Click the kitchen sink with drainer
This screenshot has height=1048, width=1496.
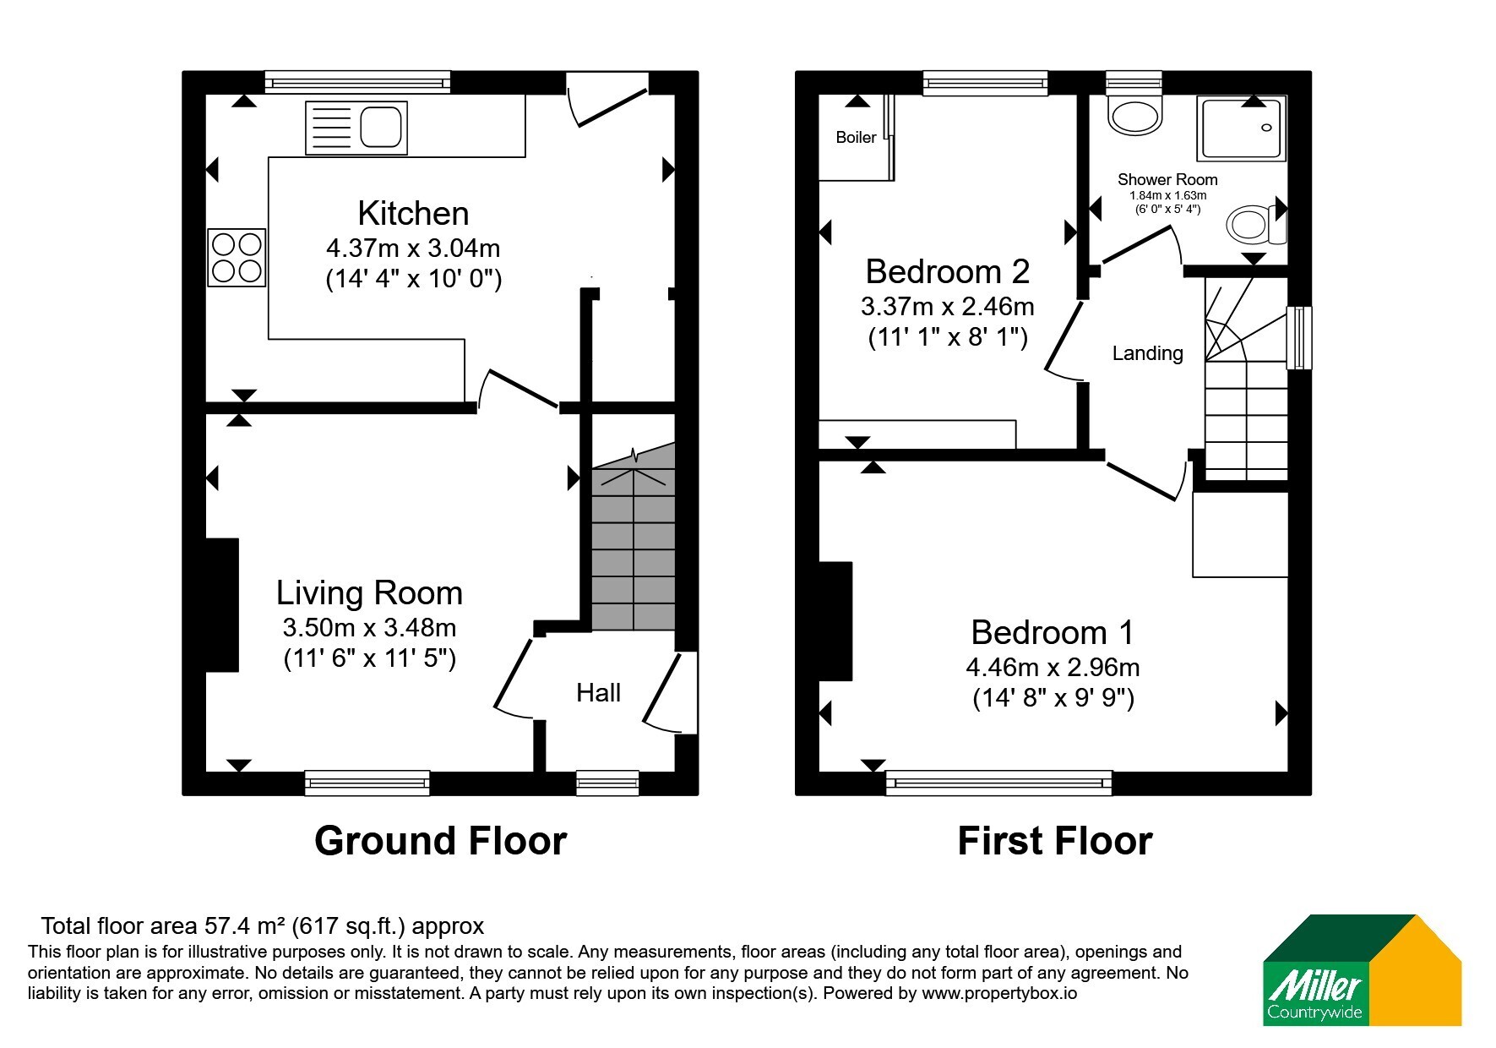click(356, 128)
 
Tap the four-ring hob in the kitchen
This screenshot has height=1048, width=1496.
click(237, 258)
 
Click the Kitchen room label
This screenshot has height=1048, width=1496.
click(413, 213)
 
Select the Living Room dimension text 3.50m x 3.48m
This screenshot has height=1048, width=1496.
click(369, 628)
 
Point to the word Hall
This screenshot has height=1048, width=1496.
click(598, 693)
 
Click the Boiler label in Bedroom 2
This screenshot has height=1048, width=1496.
click(856, 137)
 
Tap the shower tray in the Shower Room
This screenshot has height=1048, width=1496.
click(1241, 128)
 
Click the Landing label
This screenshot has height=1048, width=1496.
click(1147, 353)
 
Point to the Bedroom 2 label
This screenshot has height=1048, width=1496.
click(948, 271)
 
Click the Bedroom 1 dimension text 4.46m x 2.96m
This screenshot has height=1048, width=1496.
click(1053, 668)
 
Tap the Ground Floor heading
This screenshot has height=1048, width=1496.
click(440, 841)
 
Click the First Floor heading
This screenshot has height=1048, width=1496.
click(1054, 841)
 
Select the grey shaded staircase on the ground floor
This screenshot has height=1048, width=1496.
click(634, 541)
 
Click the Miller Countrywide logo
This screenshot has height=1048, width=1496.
click(1362, 969)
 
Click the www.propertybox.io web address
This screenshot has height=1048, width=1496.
click(999, 994)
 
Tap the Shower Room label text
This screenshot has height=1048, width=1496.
click(1167, 179)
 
